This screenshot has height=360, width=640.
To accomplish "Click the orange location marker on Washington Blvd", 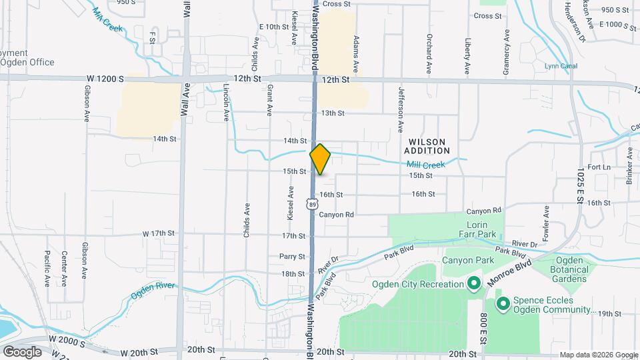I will click(x=320, y=159).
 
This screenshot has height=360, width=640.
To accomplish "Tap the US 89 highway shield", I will click(x=311, y=203).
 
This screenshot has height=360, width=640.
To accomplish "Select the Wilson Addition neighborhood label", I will click(x=430, y=146).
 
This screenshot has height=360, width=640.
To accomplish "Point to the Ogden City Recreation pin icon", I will click(x=474, y=285).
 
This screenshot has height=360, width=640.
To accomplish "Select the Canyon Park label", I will click(x=467, y=260).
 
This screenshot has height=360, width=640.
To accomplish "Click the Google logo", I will click(x=22, y=351).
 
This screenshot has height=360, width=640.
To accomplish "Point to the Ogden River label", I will click(x=152, y=287).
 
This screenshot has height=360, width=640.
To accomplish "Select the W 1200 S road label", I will click(x=105, y=78).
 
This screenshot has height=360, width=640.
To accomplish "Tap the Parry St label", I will click(x=292, y=256).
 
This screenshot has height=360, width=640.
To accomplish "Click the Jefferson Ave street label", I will click(x=401, y=109).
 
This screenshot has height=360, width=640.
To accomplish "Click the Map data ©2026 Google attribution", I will click(x=598, y=354).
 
